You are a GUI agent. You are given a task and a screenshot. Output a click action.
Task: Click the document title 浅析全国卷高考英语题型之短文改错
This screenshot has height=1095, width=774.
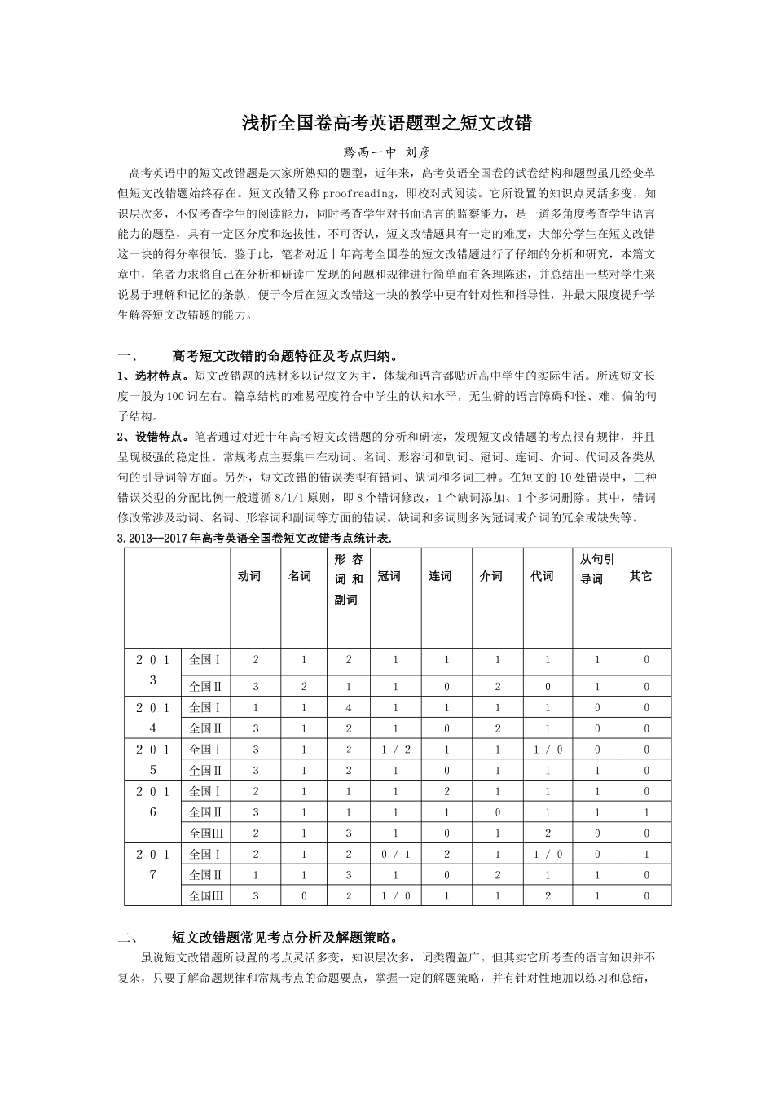click(x=387, y=124)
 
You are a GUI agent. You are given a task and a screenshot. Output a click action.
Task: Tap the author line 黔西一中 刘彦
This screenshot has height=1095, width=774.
click(x=386, y=152)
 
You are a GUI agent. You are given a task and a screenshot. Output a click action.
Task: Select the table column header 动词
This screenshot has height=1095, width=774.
click(x=249, y=576)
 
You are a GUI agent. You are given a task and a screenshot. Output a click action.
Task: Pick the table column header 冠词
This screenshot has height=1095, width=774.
click(x=389, y=576)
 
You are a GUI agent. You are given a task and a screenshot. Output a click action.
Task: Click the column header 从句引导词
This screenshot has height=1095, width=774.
click(x=597, y=569)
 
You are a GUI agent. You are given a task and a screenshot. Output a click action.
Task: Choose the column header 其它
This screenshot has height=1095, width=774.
click(x=640, y=576)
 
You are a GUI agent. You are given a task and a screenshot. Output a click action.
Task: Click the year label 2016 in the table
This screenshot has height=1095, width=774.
click(x=152, y=801)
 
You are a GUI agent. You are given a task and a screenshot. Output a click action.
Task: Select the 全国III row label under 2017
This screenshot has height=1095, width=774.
click(x=205, y=896)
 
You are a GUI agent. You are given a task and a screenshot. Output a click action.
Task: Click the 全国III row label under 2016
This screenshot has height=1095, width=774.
click(x=205, y=833)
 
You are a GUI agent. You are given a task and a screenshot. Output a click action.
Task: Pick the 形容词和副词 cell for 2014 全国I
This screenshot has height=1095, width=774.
click(x=348, y=708)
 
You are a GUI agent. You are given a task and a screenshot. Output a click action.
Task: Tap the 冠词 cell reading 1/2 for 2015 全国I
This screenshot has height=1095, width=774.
click(x=396, y=750)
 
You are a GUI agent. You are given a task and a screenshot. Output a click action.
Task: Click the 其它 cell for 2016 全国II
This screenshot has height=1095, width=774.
click(x=647, y=812)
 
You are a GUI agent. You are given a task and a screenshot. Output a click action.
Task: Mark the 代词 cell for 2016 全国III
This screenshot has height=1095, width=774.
click(x=548, y=833)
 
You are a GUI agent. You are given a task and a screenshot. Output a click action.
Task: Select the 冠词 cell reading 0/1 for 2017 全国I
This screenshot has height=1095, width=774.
click(x=396, y=855)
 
